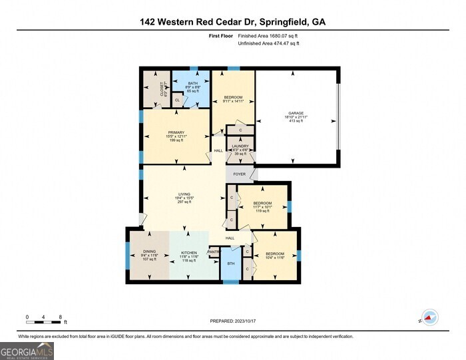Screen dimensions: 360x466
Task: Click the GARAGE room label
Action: click(x=296, y=113)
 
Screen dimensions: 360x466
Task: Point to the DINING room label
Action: click(x=148, y=251)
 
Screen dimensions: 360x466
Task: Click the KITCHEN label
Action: click(x=190, y=253)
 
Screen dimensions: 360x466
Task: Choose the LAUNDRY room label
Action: click(x=240, y=146)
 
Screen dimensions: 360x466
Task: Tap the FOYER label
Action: click(x=240, y=174)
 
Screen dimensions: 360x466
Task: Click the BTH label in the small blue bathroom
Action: click(x=231, y=264)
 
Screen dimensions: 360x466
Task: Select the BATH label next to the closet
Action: click(x=193, y=83)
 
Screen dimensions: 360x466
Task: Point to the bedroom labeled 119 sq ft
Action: click(x=263, y=210)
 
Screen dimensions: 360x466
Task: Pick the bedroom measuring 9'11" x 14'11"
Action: click(x=233, y=100)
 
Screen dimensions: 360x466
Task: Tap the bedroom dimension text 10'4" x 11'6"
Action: click(x=275, y=258)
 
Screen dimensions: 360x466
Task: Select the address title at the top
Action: click(x=233, y=21)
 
